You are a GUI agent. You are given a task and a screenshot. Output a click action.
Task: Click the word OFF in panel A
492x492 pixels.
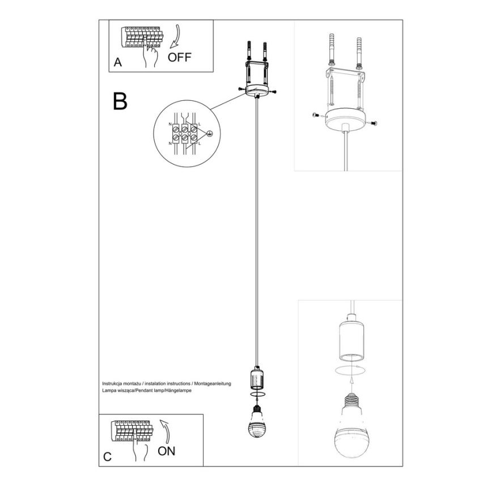coord(180,57)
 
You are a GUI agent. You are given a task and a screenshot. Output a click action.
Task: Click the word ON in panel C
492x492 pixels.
coord(166,451)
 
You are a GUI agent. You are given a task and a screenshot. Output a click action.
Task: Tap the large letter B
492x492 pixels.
coord(120,101)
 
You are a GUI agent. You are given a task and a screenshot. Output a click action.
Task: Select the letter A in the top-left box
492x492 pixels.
coord(117,63)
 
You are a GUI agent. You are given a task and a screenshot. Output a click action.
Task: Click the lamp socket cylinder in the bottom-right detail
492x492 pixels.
coord(351,341)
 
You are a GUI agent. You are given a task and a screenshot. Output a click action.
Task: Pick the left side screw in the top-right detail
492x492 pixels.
coord(316,116)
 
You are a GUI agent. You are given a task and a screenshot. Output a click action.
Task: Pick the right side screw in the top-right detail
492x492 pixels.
coord(374,122)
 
